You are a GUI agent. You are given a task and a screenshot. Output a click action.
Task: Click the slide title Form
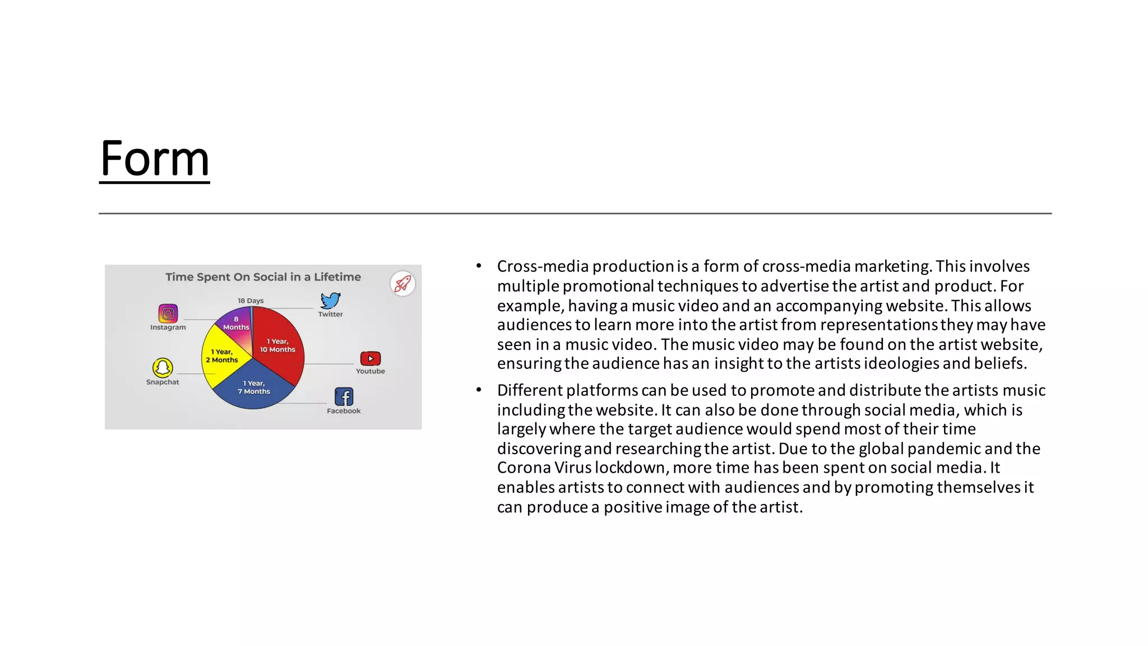[x=155, y=159]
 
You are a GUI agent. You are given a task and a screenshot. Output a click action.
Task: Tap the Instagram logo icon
[x=168, y=313]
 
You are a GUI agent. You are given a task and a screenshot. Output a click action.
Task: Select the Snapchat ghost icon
[x=163, y=368]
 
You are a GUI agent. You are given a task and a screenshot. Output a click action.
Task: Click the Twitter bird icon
[x=331, y=301]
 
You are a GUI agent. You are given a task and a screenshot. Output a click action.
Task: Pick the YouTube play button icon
[x=371, y=358]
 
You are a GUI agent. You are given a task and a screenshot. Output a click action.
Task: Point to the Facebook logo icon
[x=344, y=397]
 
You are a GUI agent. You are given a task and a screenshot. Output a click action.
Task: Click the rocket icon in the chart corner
[x=402, y=284]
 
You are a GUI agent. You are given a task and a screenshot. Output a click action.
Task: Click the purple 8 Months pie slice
[x=236, y=324]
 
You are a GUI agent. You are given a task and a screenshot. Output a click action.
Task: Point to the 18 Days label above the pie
[x=251, y=301]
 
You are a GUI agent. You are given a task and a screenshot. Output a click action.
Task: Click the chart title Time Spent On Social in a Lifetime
[x=263, y=277]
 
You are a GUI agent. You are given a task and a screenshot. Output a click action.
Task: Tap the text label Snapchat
[x=163, y=382]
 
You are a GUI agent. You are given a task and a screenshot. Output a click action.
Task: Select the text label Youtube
[x=371, y=371]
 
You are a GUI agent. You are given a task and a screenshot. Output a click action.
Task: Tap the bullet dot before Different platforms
[x=479, y=390]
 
